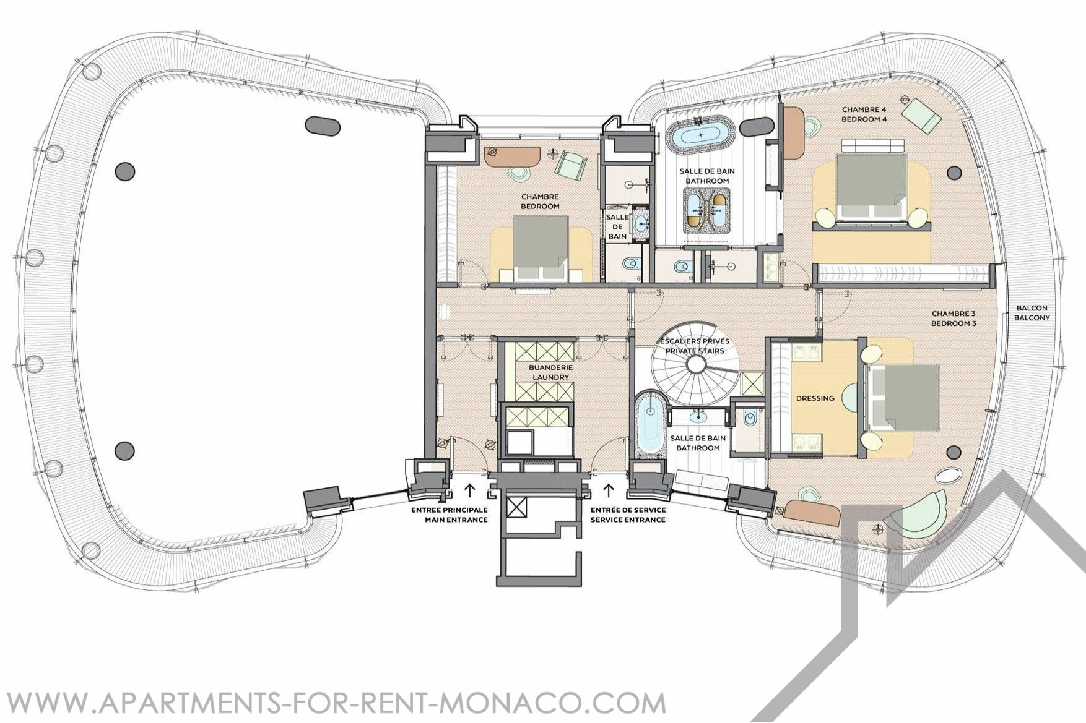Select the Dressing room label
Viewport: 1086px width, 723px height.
pyautogui.click(x=815, y=398)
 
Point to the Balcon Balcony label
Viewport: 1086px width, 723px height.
pyautogui.click(x=1031, y=313)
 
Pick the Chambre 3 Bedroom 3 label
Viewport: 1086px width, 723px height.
pyautogui.click(x=954, y=318)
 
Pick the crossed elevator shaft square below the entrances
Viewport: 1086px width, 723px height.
pyautogui.click(x=516, y=508)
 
